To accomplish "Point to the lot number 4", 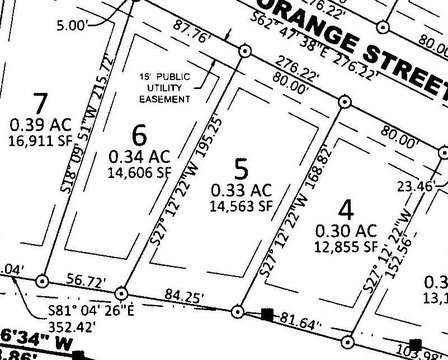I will (346, 210).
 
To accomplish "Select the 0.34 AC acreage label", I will (139, 157).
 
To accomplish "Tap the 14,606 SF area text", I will (140, 172).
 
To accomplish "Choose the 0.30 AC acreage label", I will (345, 231).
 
